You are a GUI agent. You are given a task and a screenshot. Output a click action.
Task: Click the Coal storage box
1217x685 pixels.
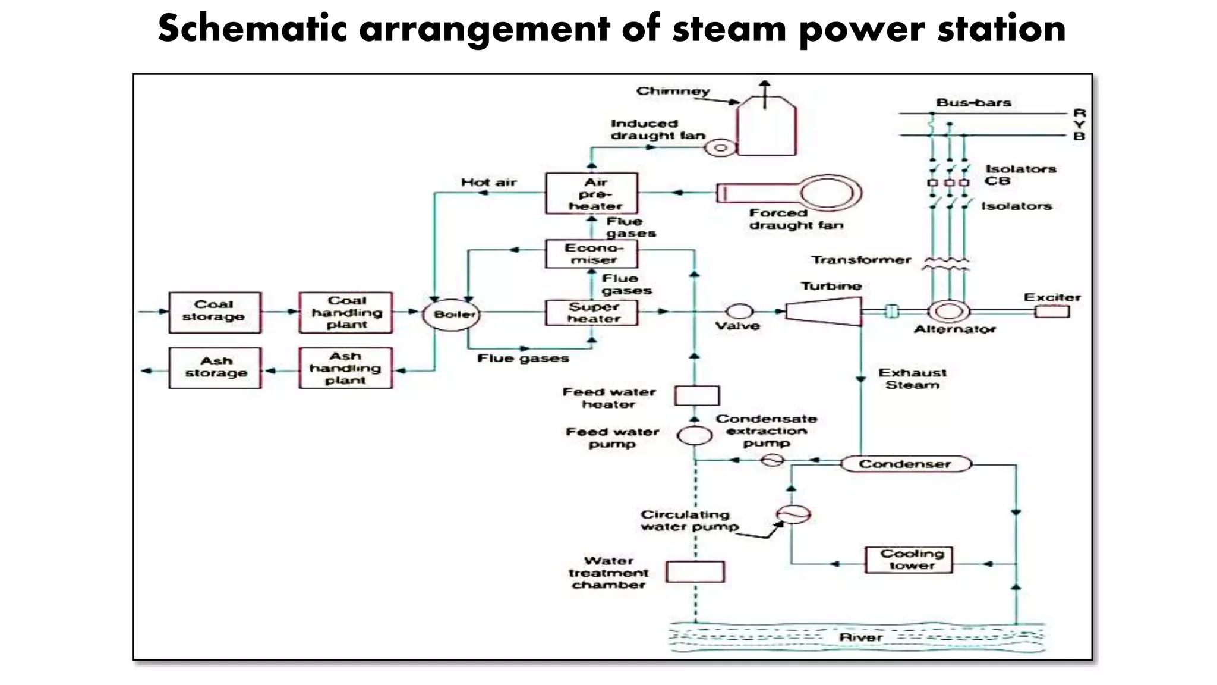point(215,312)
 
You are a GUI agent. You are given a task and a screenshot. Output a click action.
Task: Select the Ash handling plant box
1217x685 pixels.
point(345,368)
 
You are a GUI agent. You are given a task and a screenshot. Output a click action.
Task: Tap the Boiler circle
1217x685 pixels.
point(451,315)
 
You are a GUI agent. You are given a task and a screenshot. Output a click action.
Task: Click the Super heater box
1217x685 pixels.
point(591,313)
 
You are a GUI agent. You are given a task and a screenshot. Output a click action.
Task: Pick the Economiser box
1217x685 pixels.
point(591,254)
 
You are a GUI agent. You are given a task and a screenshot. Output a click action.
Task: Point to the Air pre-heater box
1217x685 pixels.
point(591,194)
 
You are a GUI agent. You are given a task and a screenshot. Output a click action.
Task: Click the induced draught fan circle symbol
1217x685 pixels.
point(720,147)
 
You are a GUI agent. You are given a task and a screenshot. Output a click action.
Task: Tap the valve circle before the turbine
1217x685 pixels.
point(740,311)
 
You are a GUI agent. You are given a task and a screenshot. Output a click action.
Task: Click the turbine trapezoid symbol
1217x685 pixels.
point(824,311)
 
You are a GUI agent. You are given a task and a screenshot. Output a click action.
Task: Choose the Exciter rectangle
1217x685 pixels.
point(1051,312)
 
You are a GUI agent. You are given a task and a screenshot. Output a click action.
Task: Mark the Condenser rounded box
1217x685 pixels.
point(906,464)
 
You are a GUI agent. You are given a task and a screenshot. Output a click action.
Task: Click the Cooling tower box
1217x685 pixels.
point(909,560)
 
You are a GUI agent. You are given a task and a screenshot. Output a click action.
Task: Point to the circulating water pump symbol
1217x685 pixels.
point(793,514)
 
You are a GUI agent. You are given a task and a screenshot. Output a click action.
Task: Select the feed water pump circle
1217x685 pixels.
point(695,435)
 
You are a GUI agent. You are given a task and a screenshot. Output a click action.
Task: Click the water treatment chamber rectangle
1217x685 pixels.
point(695,571)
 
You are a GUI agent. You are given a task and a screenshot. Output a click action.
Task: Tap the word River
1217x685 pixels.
point(860,637)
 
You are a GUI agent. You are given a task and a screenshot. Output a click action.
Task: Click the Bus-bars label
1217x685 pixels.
point(973,103)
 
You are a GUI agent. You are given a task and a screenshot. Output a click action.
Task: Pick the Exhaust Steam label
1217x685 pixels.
point(912,379)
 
